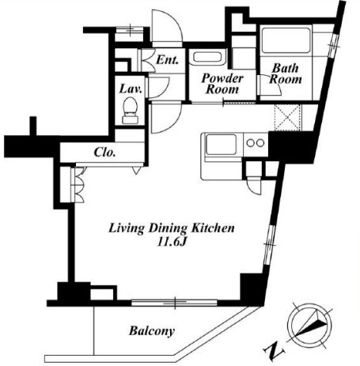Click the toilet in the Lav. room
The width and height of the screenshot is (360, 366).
tap(130, 111)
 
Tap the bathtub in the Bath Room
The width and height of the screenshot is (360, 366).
tap(286, 40)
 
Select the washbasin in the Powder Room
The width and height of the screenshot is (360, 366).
tap(208, 57)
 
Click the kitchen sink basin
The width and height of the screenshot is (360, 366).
tap(221, 145)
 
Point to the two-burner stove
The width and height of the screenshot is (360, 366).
tap(256, 143)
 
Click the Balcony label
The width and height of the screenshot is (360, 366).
tap(152, 331)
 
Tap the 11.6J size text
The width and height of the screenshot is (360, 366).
tap(172, 242)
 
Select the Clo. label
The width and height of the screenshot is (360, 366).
tap(104, 153)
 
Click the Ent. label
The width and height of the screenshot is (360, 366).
tap(167, 60)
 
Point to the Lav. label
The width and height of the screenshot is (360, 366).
tap(131, 89)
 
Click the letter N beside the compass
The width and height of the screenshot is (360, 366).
tap(274, 352)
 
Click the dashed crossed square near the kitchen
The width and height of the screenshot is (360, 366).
tap(287, 117)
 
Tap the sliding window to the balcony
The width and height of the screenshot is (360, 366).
tap(174, 303)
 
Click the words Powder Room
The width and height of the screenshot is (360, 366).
tap(222, 84)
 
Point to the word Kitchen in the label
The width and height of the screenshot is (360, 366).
tap(213, 228)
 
